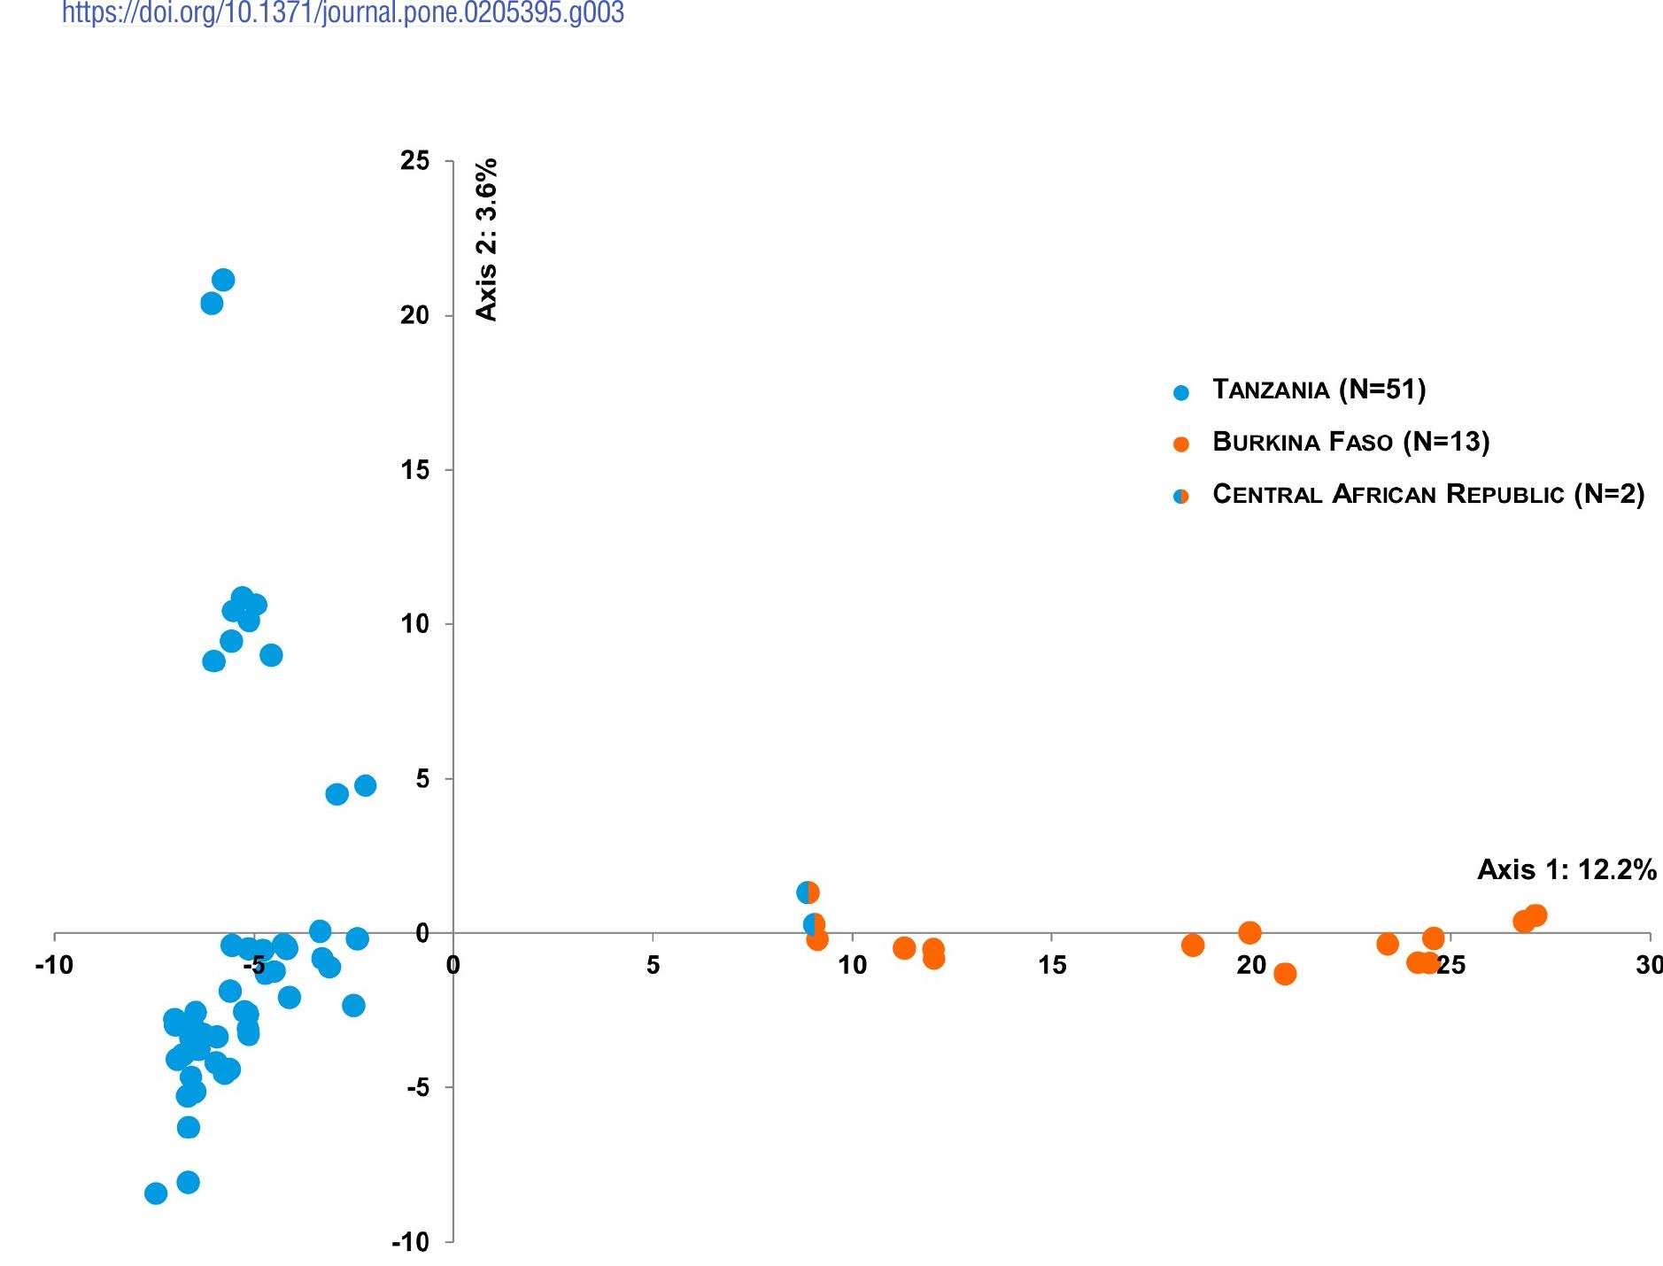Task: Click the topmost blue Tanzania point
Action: pos(223,280)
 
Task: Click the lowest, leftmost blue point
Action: pos(156,1193)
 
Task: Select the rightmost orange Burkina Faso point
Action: pos(1535,915)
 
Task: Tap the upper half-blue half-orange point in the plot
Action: pos(808,892)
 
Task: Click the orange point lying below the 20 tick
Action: pos(1284,974)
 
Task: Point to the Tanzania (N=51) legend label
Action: pos(1319,390)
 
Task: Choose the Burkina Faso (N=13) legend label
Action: pos(1350,442)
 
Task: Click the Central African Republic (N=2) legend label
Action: pos(1427,494)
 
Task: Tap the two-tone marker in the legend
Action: pos(1180,497)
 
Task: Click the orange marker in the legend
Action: pos(1180,444)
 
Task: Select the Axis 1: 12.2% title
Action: pos(1566,870)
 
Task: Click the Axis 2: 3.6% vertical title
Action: pos(487,239)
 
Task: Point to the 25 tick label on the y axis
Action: pos(414,161)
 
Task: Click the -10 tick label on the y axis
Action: pos(410,1242)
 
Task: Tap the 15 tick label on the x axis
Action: pos(1052,965)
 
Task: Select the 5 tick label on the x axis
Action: pos(653,965)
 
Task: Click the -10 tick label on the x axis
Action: pos(54,965)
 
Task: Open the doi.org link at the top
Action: pos(343,12)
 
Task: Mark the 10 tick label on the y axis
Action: pos(414,624)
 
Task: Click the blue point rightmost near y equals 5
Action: pos(365,785)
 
